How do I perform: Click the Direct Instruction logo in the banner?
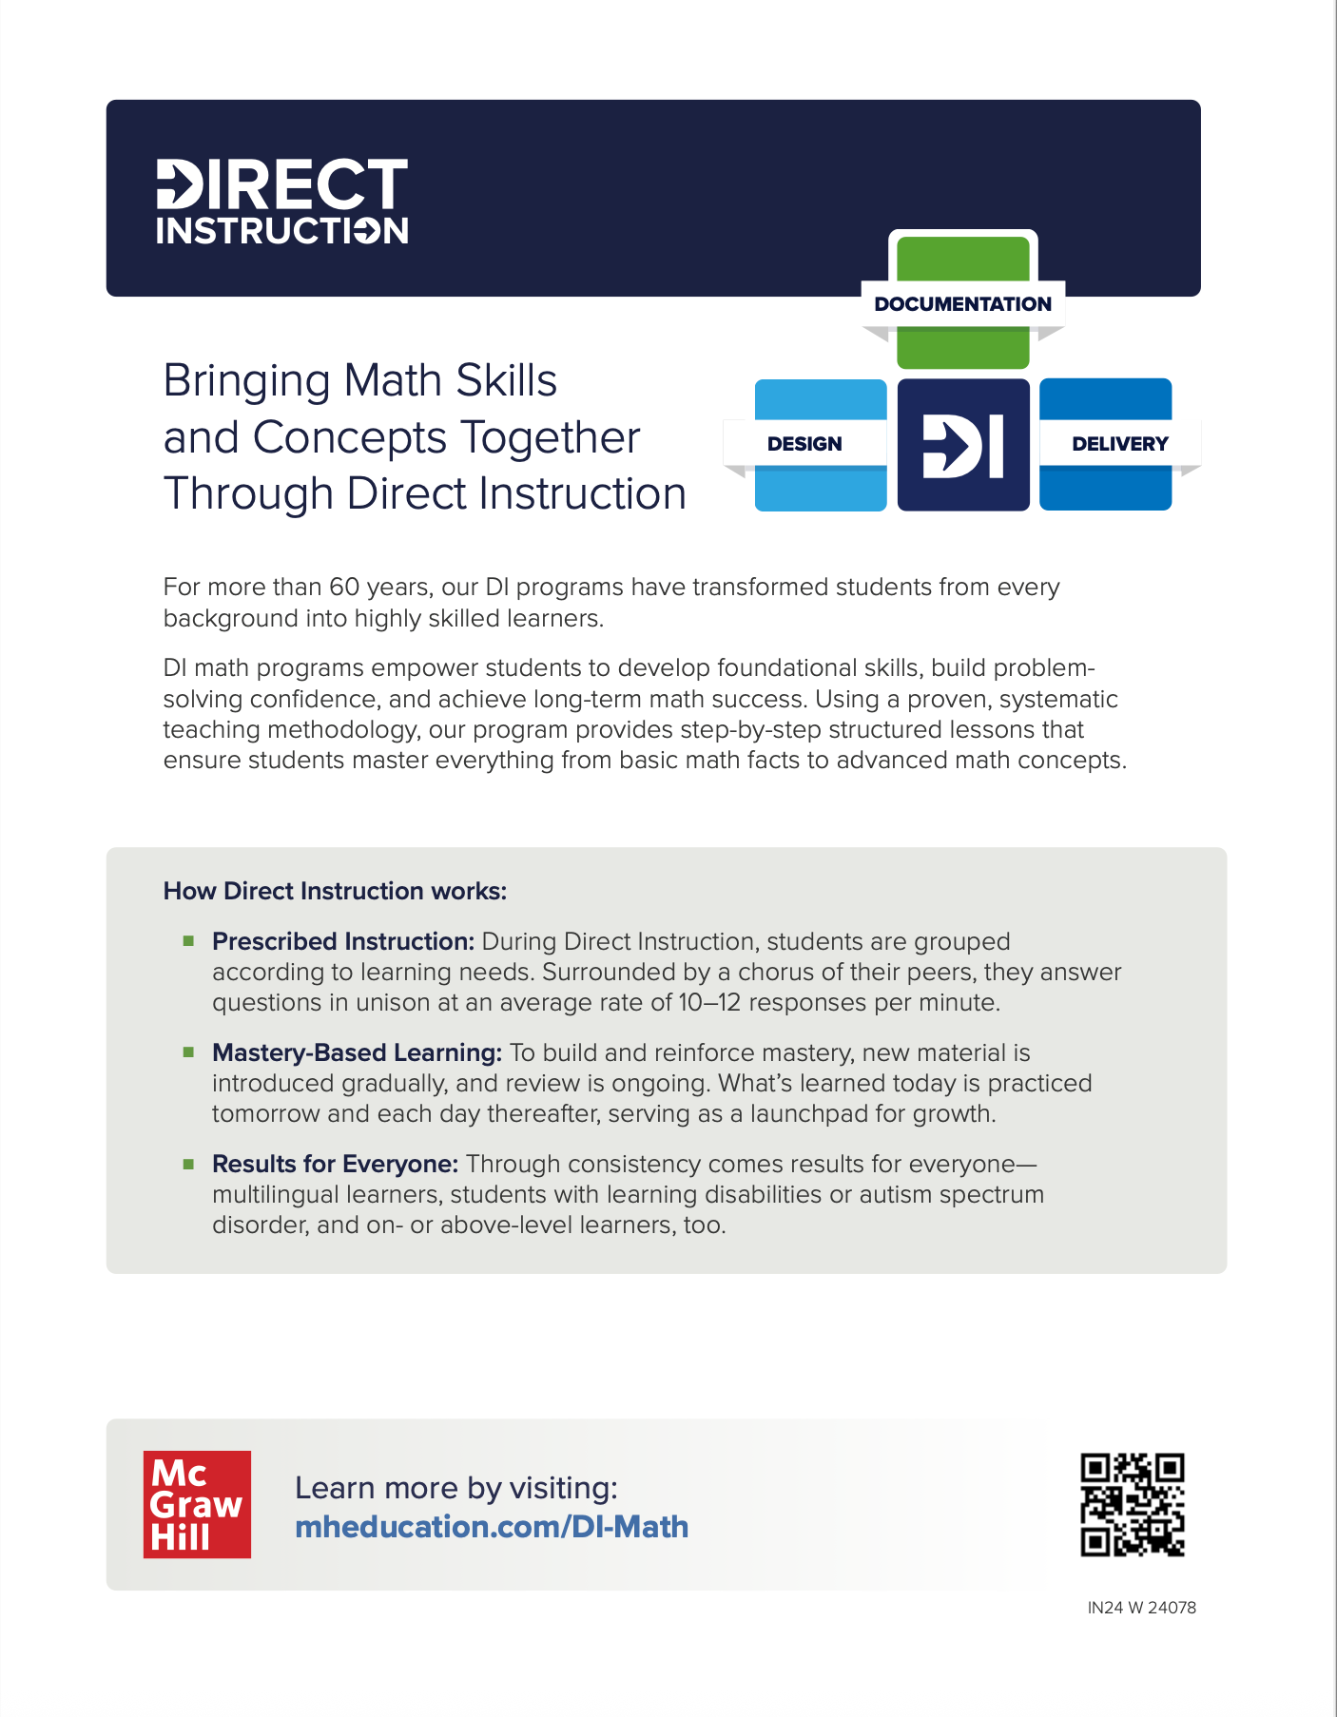(282, 202)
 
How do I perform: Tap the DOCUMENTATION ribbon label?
(962, 304)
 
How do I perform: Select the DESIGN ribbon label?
(804, 444)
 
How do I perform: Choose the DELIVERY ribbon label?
(1119, 444)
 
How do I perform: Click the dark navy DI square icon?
(963, 445)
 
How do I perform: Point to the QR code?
(1132, 1504)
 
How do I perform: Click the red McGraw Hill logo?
(197, 1504)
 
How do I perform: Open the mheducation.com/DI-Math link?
(492, 1527)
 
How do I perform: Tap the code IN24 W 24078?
(1141, 1608)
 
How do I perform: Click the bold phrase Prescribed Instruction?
(343, 941)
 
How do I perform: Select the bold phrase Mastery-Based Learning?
(357, 1052)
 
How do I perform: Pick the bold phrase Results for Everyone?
(335, 1164)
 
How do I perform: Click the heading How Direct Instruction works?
(335, 891)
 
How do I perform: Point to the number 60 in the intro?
(343, 587)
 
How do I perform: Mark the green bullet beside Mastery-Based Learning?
(189, 1051)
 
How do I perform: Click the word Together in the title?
(551, 437)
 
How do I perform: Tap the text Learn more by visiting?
(456, 1488)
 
